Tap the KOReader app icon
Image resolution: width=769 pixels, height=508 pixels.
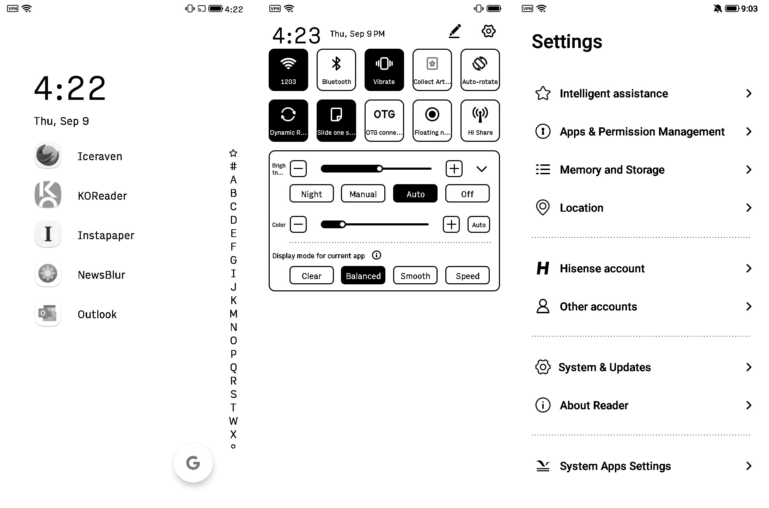coord(48,195)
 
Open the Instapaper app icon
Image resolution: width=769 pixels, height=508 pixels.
coord(48,235)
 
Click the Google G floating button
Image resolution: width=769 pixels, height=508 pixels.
coord(193,463)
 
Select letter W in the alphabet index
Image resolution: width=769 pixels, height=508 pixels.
coord(233,421)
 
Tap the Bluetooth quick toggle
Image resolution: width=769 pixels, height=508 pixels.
coord(336,70)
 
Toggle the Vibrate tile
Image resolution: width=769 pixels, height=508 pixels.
coord(384,70)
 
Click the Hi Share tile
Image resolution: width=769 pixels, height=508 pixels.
coord(480,121)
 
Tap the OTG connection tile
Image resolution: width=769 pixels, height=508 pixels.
coord(384,121)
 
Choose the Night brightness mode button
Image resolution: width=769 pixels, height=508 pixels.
coord(311,194)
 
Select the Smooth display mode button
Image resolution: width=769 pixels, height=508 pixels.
coord(415,276)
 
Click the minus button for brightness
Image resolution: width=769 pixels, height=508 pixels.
coord(298,169)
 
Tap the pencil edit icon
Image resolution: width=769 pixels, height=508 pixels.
coord(455,31)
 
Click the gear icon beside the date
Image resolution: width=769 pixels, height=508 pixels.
coord(488,31)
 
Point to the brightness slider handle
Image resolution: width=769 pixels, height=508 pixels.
coord(379,169)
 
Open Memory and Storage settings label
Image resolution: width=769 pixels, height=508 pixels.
coord(612,170)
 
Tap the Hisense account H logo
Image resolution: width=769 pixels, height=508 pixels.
coord(543,268)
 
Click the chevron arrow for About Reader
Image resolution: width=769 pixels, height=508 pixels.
coord(749,405)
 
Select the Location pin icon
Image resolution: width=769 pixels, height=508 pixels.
coord(543,207)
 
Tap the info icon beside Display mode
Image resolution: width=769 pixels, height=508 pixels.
coord(377,255)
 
